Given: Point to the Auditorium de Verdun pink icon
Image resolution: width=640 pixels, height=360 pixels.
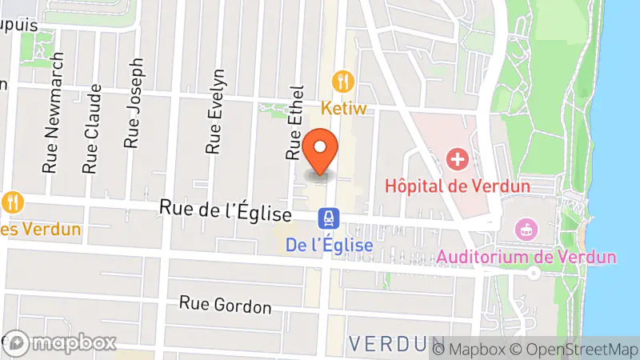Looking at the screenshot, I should [527, 230].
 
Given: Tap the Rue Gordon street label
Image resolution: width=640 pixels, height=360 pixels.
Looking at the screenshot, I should [226, 305].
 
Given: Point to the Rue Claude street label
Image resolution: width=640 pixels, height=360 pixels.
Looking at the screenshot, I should [93, 129].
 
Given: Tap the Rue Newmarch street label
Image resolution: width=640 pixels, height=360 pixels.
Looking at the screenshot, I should [53, 114].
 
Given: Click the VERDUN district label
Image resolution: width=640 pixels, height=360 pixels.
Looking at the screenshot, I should [390, 344].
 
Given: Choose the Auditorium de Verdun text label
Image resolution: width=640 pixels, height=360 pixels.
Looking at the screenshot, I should [527, 257].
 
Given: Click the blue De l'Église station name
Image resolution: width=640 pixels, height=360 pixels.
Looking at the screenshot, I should [330, 246].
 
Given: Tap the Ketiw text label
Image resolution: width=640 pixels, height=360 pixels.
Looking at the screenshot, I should [344, 107].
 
